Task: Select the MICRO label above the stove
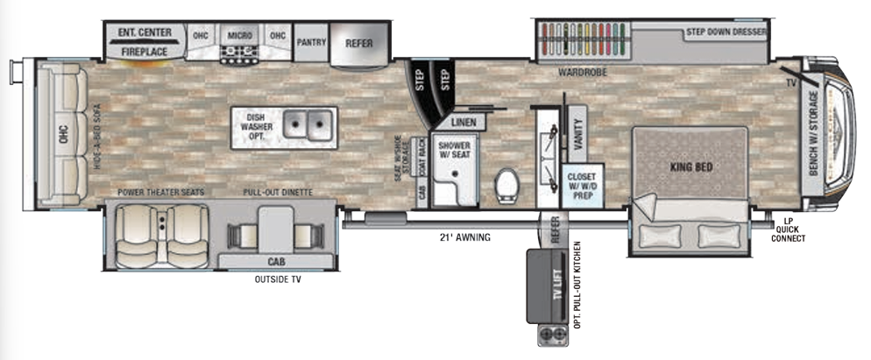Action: coord(240,36)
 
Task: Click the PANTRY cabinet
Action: coord(311,41)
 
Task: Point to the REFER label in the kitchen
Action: coord(360,42)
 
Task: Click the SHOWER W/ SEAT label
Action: coord(454,149)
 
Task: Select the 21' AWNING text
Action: coord(465,236)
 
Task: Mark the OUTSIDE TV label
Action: coord(279,281)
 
